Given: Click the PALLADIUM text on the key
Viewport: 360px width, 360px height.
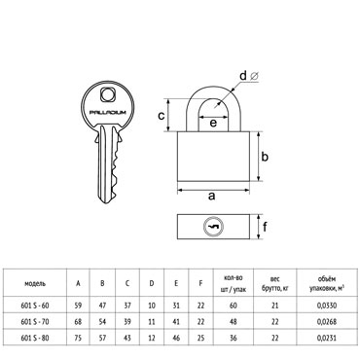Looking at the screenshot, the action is pos(107,112).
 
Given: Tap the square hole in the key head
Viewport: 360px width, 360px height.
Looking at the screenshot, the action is pos(107,94).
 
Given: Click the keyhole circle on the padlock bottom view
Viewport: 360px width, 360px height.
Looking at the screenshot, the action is pos(213,227).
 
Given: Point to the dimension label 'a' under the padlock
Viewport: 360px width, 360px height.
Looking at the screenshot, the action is pos(211,197).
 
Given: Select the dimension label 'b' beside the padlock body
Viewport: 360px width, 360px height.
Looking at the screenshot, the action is pos(265,157).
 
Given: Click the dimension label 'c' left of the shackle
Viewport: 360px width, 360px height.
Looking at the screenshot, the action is pos(162,116).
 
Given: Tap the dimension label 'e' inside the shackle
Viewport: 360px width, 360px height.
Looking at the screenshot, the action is pos(213,124).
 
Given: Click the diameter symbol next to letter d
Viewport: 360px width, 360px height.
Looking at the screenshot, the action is pos(254,76).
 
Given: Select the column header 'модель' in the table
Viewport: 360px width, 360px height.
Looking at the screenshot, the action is pos(35,283).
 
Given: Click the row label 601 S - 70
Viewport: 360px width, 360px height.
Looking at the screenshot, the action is pos(35,321).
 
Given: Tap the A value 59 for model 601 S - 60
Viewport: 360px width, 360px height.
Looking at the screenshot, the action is pos(78,306).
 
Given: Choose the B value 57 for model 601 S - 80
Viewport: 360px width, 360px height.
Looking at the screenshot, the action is pos(102,338).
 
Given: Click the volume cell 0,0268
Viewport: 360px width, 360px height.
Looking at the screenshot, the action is pos(327,321).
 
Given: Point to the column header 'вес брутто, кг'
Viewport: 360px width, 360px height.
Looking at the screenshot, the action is pos(275,283).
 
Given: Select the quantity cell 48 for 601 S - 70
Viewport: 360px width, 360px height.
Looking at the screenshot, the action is pos(233,321).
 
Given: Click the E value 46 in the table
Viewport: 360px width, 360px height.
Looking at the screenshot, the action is pos(176,338).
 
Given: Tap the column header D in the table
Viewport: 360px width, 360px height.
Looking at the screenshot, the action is pos(152,283).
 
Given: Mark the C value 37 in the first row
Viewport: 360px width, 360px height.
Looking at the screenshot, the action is pos(127,306).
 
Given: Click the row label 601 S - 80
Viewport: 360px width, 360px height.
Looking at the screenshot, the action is pos(35,338).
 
